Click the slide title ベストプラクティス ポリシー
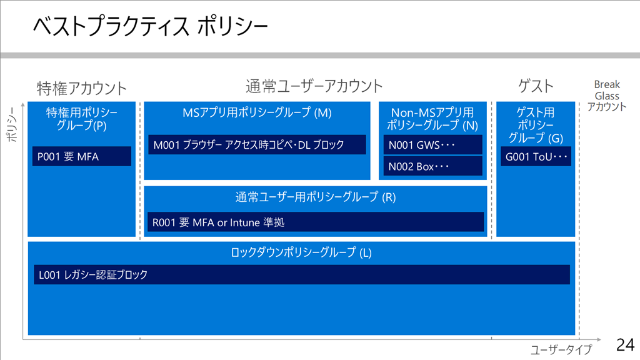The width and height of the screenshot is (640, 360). click(150, 26)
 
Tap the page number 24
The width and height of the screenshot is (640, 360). click(625, 345)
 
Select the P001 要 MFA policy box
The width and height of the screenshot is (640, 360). click(82, 156)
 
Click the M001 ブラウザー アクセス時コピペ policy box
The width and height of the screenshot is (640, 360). click(257, 144)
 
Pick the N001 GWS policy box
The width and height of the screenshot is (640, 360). click(432, 145)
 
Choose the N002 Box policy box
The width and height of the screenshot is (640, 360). click(432, 166)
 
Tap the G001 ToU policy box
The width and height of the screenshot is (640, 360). click(536, 156)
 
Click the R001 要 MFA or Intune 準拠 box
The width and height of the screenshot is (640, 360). click(316, 222)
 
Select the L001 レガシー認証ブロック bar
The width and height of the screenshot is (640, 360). click(302, 274)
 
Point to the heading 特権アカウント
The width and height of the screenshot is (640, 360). click(82, 88)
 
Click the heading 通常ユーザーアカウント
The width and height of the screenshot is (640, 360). click(314, 86)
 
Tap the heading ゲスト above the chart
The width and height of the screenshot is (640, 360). click(536, 86)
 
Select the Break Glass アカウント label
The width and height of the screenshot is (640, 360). click(606, 96)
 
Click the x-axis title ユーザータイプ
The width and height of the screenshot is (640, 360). click(561, 349)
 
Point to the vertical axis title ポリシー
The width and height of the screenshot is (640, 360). click(12, 124)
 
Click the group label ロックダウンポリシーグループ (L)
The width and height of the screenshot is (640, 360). click(301, 252)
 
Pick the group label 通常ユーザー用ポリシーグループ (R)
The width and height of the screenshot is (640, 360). click(316, 197)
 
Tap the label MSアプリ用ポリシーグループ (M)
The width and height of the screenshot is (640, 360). click(257, 112)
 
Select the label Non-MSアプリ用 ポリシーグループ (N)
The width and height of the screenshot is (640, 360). click(432, 118)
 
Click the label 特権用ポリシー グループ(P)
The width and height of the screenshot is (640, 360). click(82, 118)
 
